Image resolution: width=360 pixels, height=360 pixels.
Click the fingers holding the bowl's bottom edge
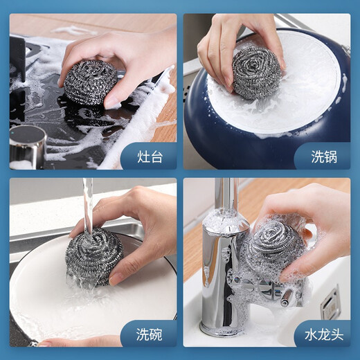pos(76,341)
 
